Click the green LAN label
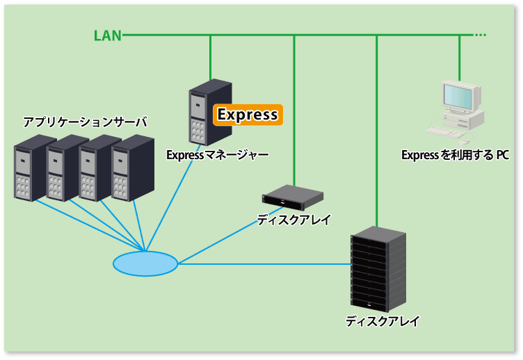(107, 35)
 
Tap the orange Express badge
(248, 115)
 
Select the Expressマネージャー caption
(218, 155)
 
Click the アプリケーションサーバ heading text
(85, 122)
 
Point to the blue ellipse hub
(145, 263)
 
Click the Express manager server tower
(210, 113)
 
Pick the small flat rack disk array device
(293, 197)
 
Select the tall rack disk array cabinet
(378, 269)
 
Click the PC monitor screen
(458, 97)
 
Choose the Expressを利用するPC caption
(456, 156)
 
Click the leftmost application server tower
(30, 167)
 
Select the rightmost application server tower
(133, 167)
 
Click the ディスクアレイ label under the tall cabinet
(383, 321)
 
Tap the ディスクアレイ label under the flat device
(293, 220)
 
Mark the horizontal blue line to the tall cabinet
(264, 264)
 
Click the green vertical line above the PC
(460, 58)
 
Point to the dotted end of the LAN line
(480, 35)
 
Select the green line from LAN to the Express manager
(211, 57)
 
